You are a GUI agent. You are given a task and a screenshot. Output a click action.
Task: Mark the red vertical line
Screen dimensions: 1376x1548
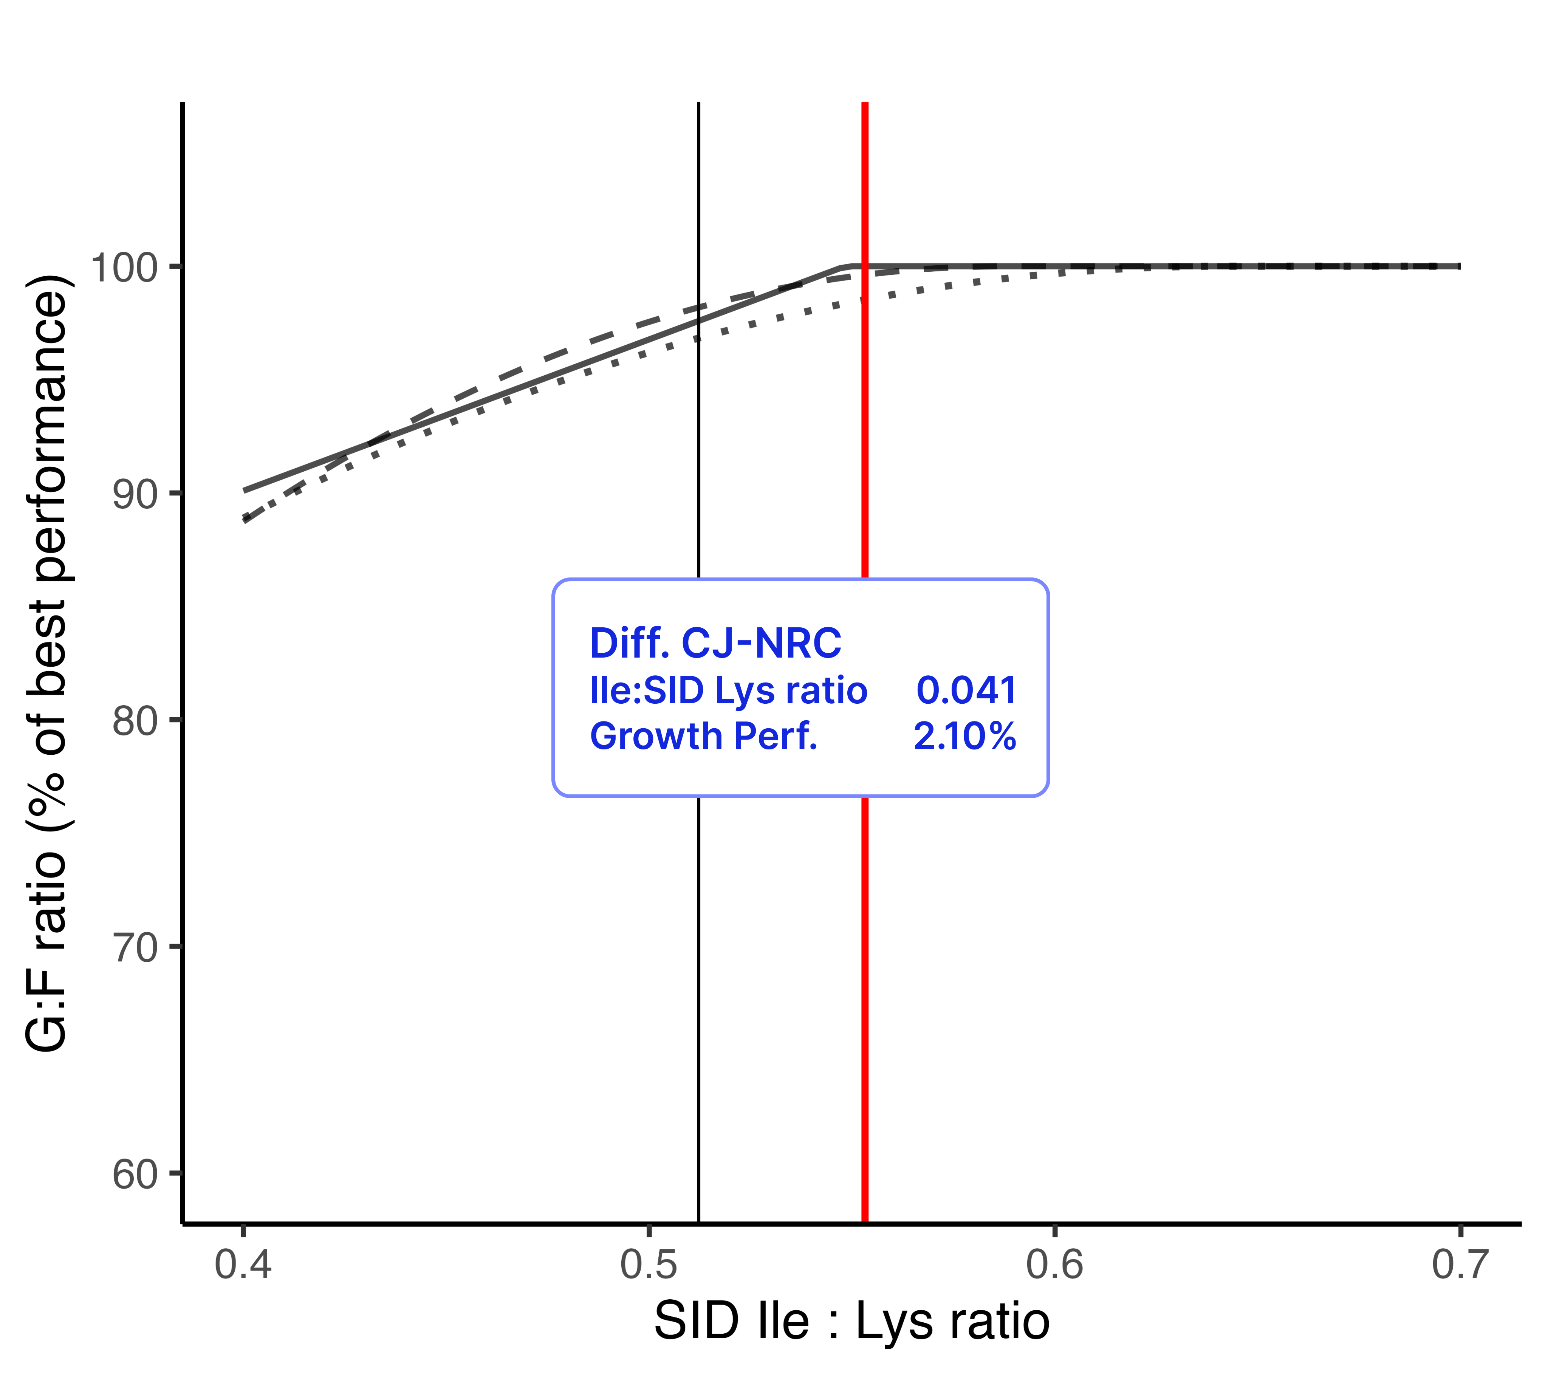[x=865, y=984]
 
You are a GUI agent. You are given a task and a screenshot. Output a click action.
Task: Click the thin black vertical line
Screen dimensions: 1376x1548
[x=698, y=984]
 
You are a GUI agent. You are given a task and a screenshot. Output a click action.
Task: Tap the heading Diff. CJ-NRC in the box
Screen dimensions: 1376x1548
[x=715, y=644]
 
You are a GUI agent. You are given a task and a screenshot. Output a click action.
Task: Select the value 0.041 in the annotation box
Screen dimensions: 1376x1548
[x=966, y=691]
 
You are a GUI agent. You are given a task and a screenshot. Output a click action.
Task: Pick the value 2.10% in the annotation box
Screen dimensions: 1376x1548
[x=964, y=736]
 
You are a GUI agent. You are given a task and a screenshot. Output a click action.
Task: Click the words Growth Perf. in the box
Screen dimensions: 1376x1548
[x=704, y=736]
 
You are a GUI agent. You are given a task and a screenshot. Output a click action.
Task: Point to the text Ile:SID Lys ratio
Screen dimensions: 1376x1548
[x=728, y=691]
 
